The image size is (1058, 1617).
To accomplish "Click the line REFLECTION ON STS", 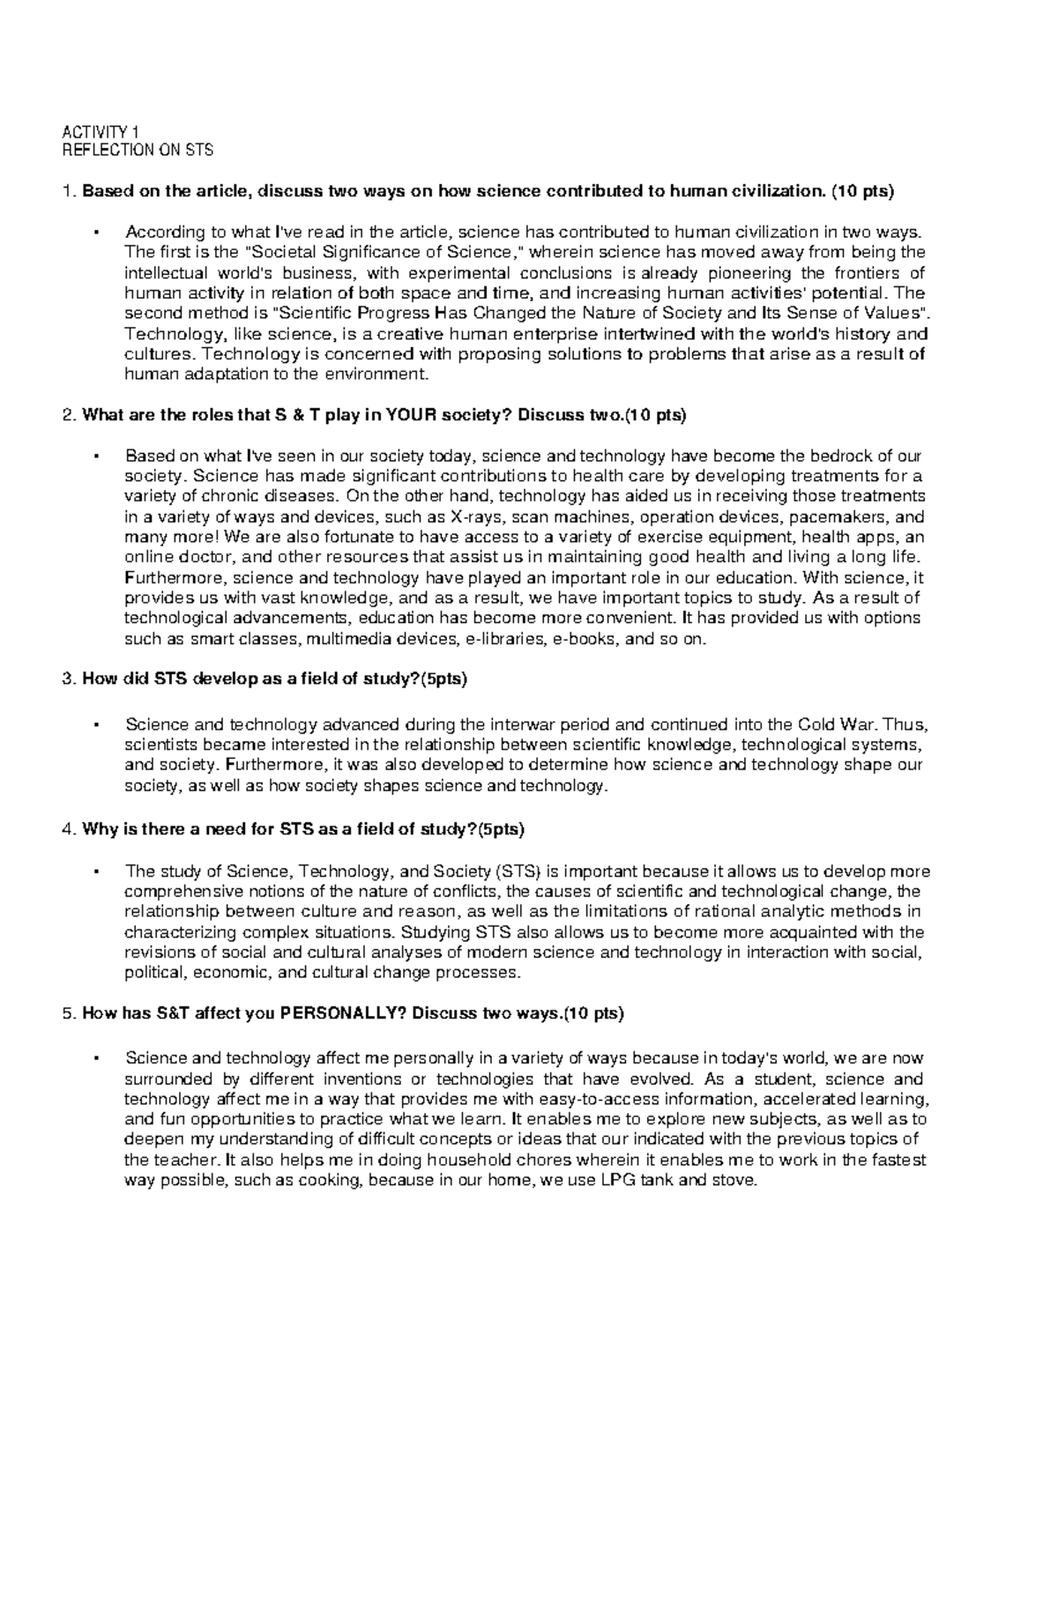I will coord(138,150).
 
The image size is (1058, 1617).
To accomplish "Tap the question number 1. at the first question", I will coord(70,190).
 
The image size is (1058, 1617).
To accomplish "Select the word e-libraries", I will coord(502,639).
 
